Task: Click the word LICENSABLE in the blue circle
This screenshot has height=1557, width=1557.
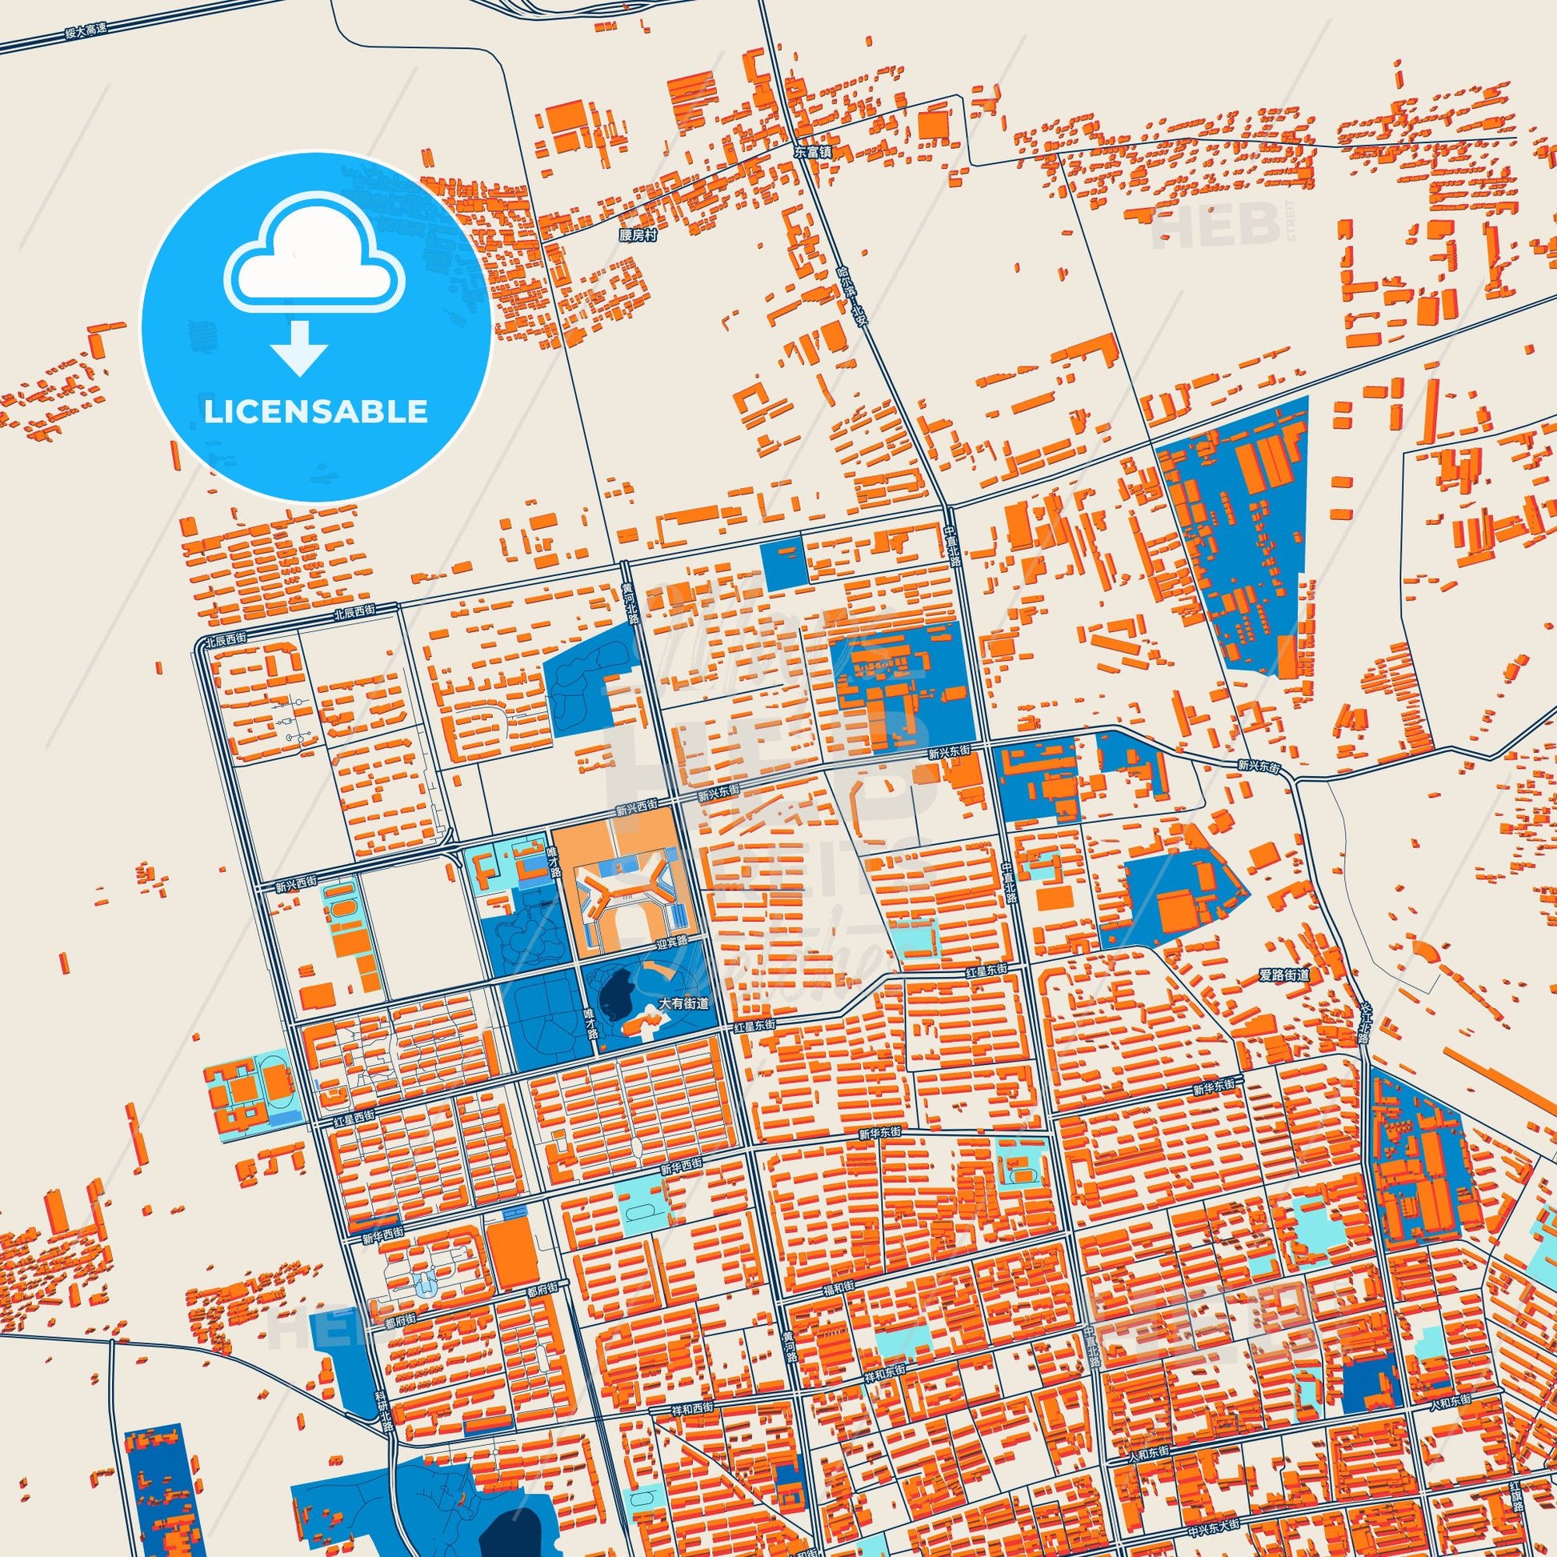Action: (x=315, y=412)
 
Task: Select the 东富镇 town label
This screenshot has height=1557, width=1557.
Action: (x=811, y=151)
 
